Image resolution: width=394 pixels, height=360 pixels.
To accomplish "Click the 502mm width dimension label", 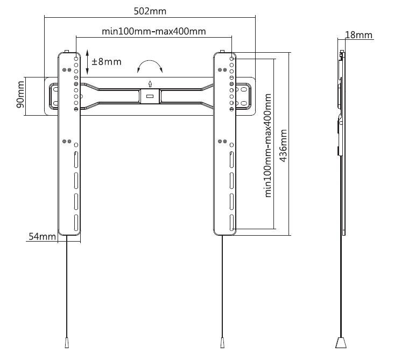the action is pyautogui.click(x=150, y=11).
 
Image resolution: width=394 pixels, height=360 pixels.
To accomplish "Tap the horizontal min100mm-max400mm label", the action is pyautogui.click(x=154, y=31).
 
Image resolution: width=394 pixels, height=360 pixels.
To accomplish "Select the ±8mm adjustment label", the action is pyautogui.click(x=107, y=61).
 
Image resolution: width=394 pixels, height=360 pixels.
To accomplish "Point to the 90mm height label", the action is pyautogui.click(x=20, y=95).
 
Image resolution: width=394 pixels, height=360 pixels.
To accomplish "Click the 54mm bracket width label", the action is pyautogui.click(x=42, y=236).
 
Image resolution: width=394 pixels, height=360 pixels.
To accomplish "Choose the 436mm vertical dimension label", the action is pyautogui.click(x=283, y=146).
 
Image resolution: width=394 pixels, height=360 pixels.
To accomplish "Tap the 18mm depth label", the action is pyautogui.click(x=358, y=35).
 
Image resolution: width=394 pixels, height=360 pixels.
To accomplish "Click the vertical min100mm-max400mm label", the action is pyautogui.click(x=269, y=145).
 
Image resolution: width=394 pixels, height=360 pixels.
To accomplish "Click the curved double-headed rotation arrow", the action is pyautogui.click(x=150, y=61).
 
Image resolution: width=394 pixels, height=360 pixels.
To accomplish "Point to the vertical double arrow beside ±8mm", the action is pyautogui.click(x=87, y=62).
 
